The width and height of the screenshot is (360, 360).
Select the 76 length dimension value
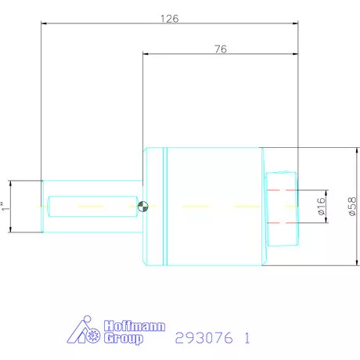[x=220, y=49]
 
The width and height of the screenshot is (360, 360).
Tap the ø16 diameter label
[x=320, y=207]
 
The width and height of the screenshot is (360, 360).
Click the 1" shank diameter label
[x=5, y=207]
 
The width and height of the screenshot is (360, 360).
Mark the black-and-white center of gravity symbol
[x=143, y=207]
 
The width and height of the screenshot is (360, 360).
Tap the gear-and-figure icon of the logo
[x=88, y=333]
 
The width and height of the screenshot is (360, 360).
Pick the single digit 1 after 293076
[x=247, y=339]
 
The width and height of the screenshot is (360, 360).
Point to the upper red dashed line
[x=282, y=190]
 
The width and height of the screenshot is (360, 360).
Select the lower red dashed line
[x=282, y=223]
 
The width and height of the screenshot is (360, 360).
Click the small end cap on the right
[x=282, y=207]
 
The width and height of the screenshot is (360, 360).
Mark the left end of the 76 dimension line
[x=143, y=55]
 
